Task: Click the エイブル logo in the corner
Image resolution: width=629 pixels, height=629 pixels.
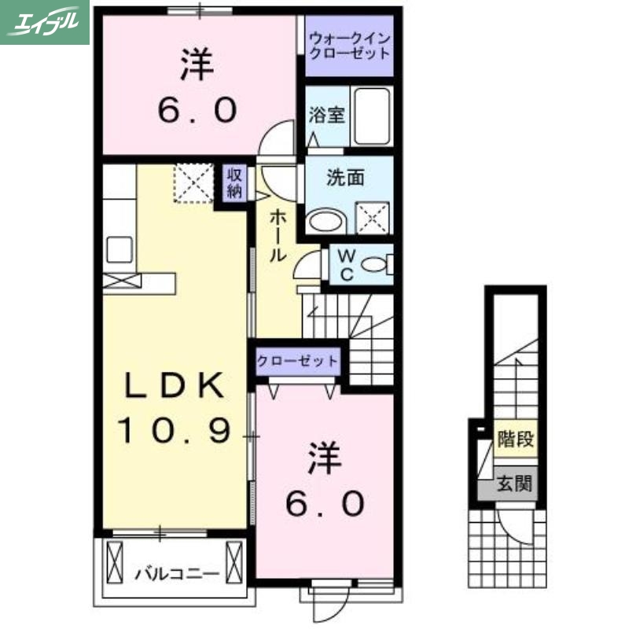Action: pyautogui.click(x=45, y=22)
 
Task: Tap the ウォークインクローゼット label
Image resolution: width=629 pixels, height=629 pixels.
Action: pyautogui.click(x=348, y=46)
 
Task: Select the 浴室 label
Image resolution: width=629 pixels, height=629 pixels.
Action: pyautogui.click(x=326, y=116)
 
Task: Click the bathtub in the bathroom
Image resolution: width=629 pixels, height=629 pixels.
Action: pyautogui.click(x=371, y=116)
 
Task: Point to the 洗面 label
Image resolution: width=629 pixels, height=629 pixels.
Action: pyautogui.click(x=345, y=178)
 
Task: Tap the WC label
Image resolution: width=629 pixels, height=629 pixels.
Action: pyautogui.click(x=346, y=264)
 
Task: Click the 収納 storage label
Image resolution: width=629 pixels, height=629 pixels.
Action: pyautogui.click(x=234, y=182)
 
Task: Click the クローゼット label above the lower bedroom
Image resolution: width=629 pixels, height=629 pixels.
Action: pyautogui.click(x=297, y=362)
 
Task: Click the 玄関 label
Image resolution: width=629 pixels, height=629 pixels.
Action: pyautogui.click(x=515, y=483)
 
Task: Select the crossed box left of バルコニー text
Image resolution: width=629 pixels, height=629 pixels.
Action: pyautogui.click(x=115, y=563)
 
